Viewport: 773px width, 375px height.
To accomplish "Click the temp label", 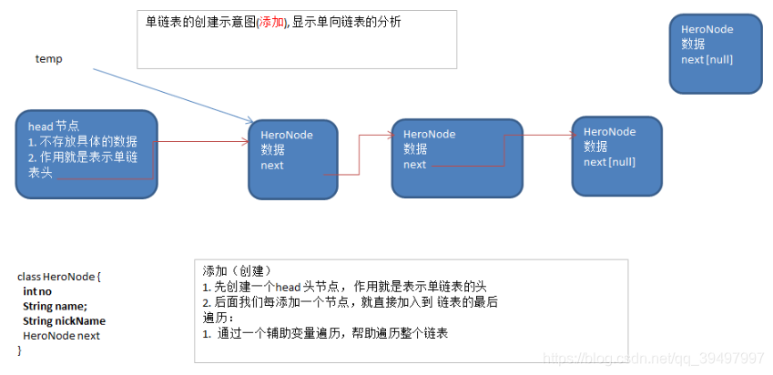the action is (48, 59).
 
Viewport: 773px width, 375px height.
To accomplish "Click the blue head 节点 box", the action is (86, 152).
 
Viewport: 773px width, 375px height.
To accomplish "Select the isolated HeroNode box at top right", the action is (715, 53).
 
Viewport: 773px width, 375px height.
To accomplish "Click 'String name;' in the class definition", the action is (55, 306).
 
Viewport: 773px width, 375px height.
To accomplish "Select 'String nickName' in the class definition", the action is (64, 320).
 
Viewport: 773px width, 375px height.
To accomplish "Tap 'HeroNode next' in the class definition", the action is (61, 336).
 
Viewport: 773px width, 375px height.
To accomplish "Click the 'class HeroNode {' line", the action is (59, 276).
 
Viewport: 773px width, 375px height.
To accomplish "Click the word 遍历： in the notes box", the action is (219, 318).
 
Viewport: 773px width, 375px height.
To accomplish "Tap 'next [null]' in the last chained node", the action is (609, 161).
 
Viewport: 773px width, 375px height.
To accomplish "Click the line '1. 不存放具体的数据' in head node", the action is (82, 141).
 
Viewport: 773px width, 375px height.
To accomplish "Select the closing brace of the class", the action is (19, 350).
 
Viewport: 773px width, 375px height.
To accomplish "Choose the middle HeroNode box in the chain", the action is (456, 157).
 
